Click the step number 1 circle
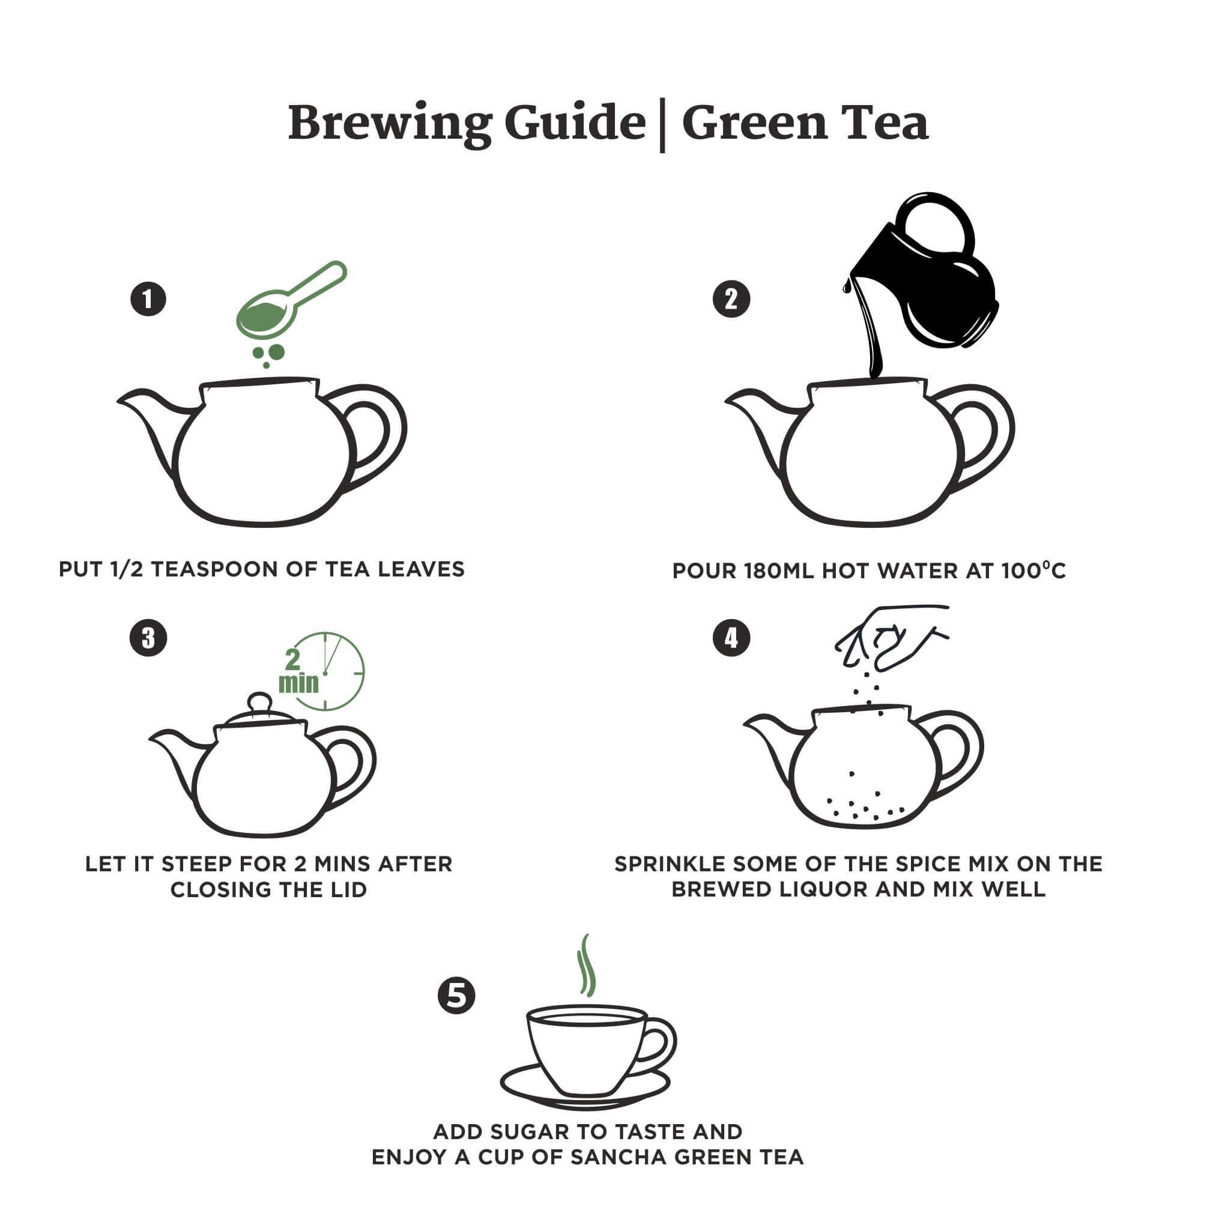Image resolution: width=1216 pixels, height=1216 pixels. coord(148,299)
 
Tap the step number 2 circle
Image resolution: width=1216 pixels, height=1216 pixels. coord(731,299)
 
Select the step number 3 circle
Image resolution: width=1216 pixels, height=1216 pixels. coord(148,638)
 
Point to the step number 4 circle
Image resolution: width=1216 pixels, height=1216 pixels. coord(731,638)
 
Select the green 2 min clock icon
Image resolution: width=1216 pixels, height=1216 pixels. coord(324,672)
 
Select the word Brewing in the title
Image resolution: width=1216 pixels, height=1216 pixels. coord(389,123)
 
